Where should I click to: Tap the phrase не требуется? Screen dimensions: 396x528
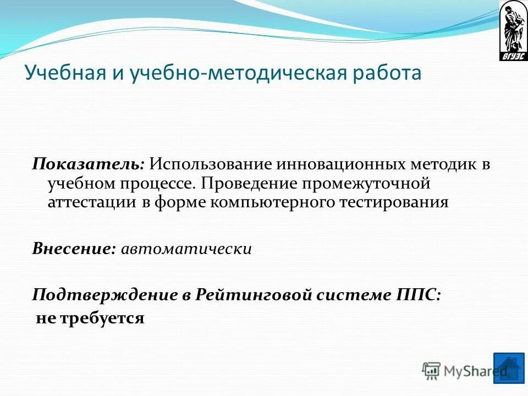click(x=90, y=317)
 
